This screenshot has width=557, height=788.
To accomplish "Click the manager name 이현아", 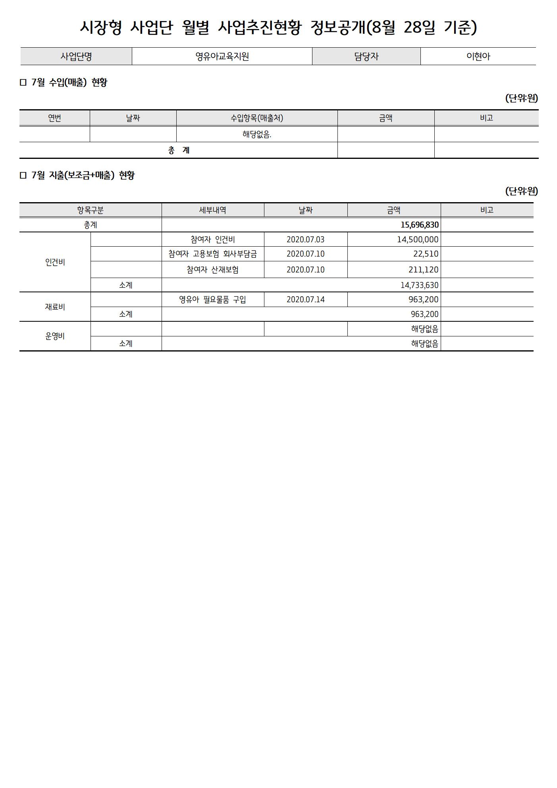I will pyautogui.click(x=478, y=56).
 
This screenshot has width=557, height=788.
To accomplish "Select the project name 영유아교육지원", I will pyautogui.click(x=222, y=56).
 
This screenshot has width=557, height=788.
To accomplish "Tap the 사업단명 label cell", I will pyautogui.click(x=76, y=56).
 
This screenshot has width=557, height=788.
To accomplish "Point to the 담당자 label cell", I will pyautogui.click(x=366, y=56).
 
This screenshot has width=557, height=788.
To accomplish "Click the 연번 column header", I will pyautogui.click(x=54, y=118).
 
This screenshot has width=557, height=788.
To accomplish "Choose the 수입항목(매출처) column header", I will pyautogui.click(x=257, y=118).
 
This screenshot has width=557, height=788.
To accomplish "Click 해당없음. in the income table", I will pyautogui.click(x=257, y=135).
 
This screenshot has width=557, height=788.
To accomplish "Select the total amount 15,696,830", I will pyautogui.click(x=419, y=225).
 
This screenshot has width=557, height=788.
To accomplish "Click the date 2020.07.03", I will pyautogui.click(x=305, y=239).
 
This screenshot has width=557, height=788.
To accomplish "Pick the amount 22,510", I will pyautogui.click(x=426, y=254).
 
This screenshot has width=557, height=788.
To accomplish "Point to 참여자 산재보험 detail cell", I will pyautogui.click(x=212, y=270).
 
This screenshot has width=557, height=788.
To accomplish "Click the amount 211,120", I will pyautogui.click(x=423, y=270).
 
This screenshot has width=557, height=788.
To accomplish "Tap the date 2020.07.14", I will pyautogui.click(x=305, y=299).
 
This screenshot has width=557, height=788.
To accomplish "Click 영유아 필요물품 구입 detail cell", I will pyautogui.click(x=212, y=299).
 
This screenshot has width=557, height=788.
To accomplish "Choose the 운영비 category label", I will pyautogui.click(x=55, y=336).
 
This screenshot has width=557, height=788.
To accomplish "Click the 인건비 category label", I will pyautogui.click(x=55, y=262).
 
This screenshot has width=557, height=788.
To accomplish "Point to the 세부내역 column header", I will pyautogui.click(x=212, y=210).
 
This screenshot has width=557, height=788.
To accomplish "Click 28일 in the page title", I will pyautogui.click(x=419, y=27).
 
